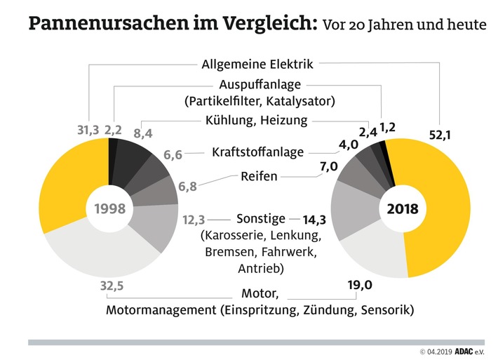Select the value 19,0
(358, 285)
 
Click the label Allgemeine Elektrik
(257, 64)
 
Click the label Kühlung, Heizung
(257, 120)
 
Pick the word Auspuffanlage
(259, 85)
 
